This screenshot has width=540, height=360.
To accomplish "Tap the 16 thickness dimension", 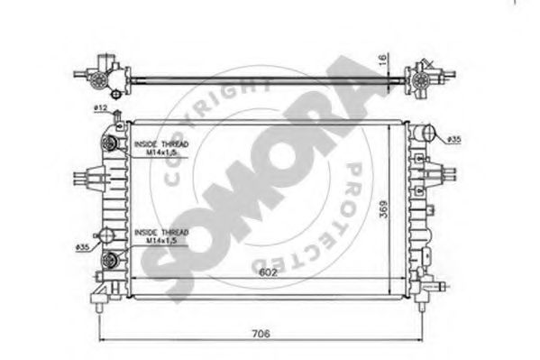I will pyautogui.click(x=382, y=61).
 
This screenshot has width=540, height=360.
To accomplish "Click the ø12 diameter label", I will pyautogui.click(x=99, y=110).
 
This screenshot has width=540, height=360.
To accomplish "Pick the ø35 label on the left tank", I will pyautogui.click(x=82, y=246).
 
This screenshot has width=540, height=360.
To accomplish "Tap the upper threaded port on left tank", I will pyautogui.click(x=113, y=144).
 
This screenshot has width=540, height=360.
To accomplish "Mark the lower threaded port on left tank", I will pyautogui.click(x=113, y=261).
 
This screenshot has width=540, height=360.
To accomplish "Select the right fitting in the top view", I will pyautogui.click(x=420, y=78).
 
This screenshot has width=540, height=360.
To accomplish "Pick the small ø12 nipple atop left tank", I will pyautogui.click(x=113, y=120).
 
